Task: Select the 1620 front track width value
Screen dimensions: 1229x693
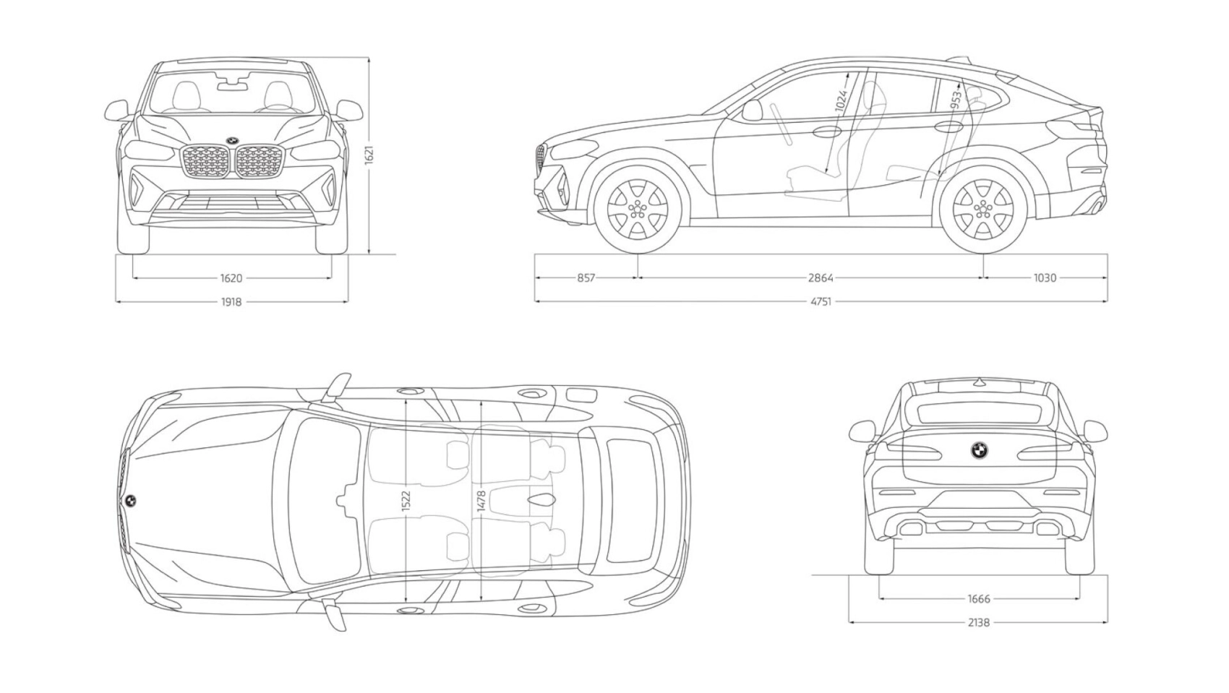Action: (231, 278)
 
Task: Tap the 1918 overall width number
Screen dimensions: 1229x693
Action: (231, 301)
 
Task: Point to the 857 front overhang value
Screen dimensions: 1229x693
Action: (586, 278)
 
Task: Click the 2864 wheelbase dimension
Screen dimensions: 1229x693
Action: (821, 278)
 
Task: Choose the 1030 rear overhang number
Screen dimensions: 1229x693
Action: (1045, 278)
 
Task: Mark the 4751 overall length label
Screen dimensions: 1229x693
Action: (821, 301)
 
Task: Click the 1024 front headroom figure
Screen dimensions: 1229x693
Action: (841, 100)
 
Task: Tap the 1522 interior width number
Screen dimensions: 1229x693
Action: (406, 501)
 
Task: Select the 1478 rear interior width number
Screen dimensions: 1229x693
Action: (481, 501)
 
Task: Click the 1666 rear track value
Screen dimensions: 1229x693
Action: (979, 599)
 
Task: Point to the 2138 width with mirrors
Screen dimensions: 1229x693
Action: (979, 622)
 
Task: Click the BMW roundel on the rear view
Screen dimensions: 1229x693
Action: (980, 450)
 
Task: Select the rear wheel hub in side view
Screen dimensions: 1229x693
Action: (982, 209)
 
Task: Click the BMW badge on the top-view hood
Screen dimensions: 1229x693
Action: (131, 500)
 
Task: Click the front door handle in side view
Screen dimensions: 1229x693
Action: (826, 132)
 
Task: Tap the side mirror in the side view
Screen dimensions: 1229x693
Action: (752, 110)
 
